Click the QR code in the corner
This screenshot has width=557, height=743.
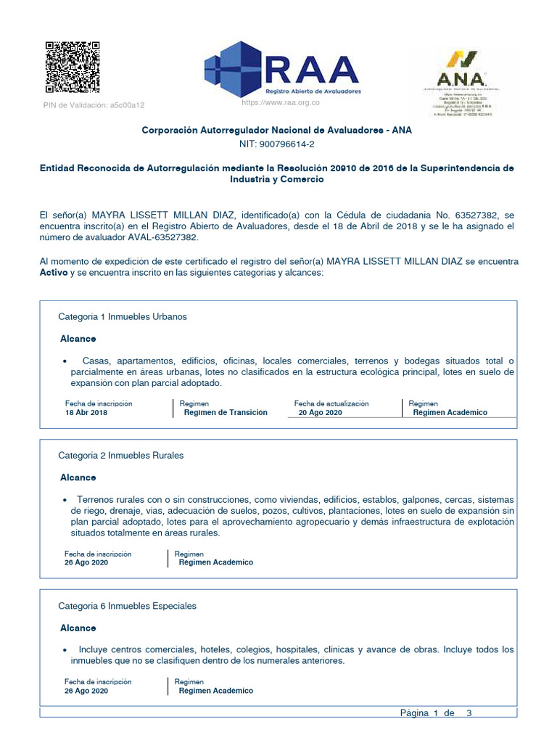tap(73, 67)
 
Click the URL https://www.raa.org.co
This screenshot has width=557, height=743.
tap(280, 104)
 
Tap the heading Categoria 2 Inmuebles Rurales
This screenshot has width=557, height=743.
tap(120, 456)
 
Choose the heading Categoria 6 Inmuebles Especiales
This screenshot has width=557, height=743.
tap(127, 606)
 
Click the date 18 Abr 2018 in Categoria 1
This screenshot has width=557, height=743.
tap(86, 412)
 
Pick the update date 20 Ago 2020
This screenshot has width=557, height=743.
tap(320, 412)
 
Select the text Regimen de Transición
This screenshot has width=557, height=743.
tap(226, 412)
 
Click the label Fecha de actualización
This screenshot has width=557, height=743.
tap(331, 403)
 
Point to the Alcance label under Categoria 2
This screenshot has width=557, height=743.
tap(78, 478)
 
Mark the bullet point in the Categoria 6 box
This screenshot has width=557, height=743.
tap(66, 650)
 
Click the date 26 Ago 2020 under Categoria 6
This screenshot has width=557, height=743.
tap(86, 691)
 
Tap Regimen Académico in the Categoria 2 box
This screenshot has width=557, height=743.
tap(216, 562)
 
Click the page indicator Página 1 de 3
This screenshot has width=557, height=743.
tap(436, 713)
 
